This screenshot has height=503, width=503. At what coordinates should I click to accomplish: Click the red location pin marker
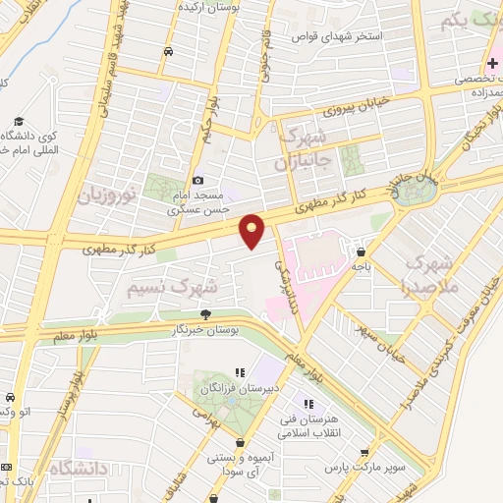point(252,232)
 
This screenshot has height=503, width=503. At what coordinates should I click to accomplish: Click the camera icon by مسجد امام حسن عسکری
point(198,180)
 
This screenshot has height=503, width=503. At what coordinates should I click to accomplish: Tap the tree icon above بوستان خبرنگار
point(204,314)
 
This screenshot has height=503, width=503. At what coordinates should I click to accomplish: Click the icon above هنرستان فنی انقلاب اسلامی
point(308,404)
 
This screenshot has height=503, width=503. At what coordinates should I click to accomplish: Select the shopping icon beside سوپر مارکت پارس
point(364,453)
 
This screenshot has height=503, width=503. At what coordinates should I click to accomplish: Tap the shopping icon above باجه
point(362,251)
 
